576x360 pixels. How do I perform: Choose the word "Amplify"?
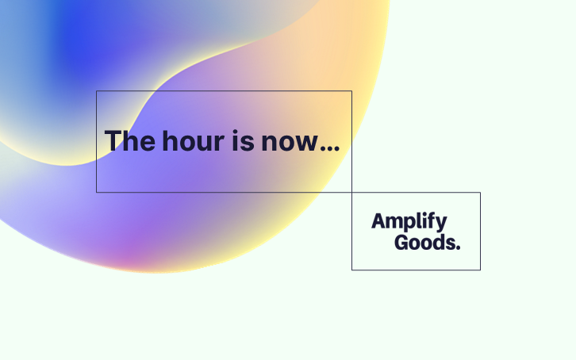409,222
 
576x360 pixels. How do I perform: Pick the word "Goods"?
424,243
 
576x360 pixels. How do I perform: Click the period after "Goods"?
457,247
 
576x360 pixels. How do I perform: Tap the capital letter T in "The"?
113,141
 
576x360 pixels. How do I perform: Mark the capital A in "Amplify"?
378,221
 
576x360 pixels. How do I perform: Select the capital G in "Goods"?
401,243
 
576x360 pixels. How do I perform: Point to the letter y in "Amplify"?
441,224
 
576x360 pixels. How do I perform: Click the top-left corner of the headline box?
97,91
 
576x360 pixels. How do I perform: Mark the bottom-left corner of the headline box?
97,192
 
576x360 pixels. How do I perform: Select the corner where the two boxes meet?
351,192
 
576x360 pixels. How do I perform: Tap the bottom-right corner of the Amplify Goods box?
480,270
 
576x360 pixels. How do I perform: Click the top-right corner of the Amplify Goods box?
480,192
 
